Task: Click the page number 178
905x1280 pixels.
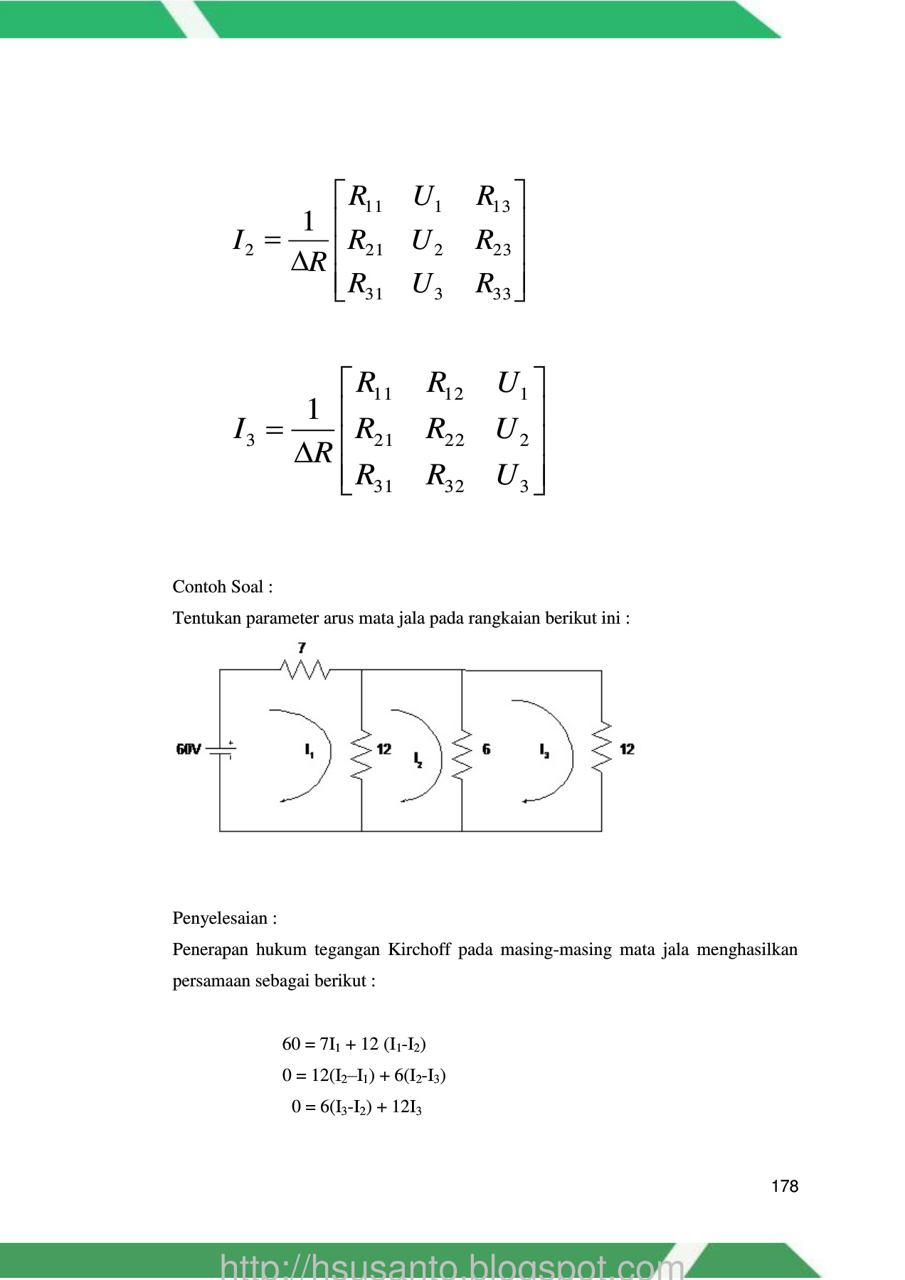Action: coord(784,1186)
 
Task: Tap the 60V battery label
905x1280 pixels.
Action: coord(189,749)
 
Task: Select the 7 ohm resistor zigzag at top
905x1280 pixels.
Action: coord(305,669)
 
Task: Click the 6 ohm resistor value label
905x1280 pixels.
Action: coord(486,749)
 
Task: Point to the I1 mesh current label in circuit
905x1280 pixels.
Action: coord(309,750)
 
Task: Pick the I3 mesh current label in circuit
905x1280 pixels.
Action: coord(544,750)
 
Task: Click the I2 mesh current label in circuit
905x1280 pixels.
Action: coord(418,759)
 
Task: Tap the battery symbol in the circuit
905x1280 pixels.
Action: coord(226,749)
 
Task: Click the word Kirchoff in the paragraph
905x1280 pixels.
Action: coord(419,949)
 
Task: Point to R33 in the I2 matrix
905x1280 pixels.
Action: coord(493,284)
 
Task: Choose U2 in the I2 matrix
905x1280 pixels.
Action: coord(427,242)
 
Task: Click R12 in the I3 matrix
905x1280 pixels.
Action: coord(445,385)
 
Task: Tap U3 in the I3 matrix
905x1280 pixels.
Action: coord(512,476)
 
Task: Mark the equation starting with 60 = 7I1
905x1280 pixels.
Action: coord(354,1044)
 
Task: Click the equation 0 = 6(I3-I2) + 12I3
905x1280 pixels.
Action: coord(356,1106)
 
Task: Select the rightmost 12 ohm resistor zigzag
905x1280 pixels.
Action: coord(602,747)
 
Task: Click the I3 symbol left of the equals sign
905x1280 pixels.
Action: coord(244,430)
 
